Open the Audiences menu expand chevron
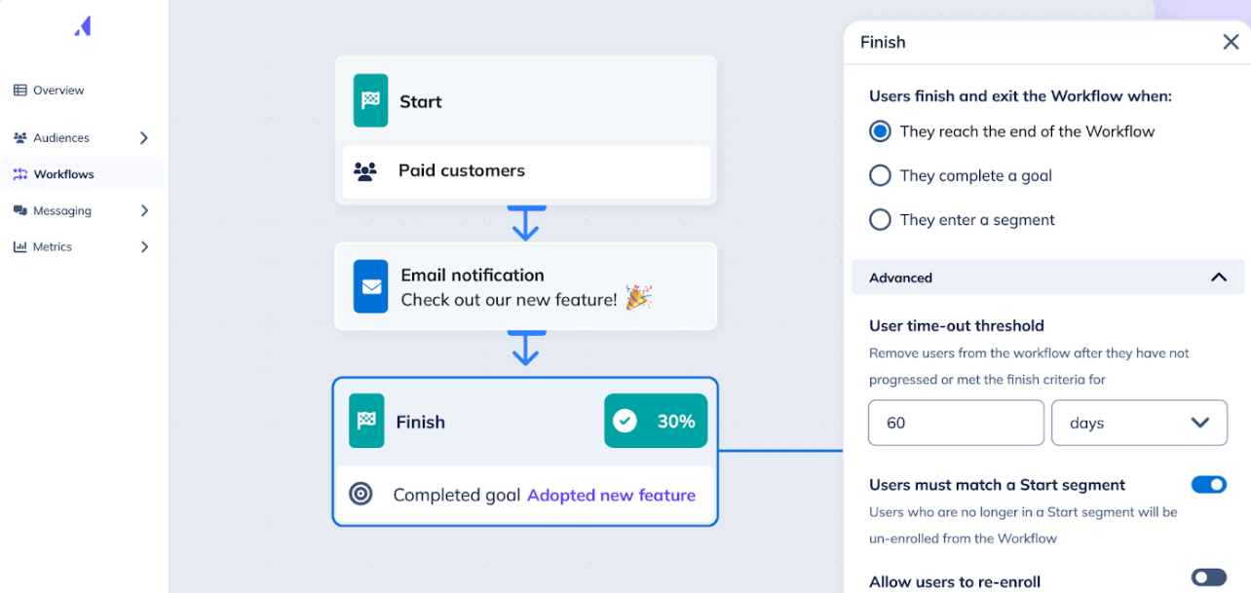point(144,138)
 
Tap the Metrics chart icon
point(20,246)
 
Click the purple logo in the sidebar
point(83,26)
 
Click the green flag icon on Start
point(370,100)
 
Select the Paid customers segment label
point(461,170)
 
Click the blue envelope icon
point(370,286)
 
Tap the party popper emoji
point(639,297)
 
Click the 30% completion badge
point(656,421)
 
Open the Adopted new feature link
point(612,496)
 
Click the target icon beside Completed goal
point(360,494)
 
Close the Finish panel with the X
point(1231,42)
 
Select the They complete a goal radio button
point(880,175)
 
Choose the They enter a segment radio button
point(880,219)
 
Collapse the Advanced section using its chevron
point(1219,278)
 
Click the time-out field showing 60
point(956,423)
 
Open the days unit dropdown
point(1139,423)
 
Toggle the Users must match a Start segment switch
point(1208,485)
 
